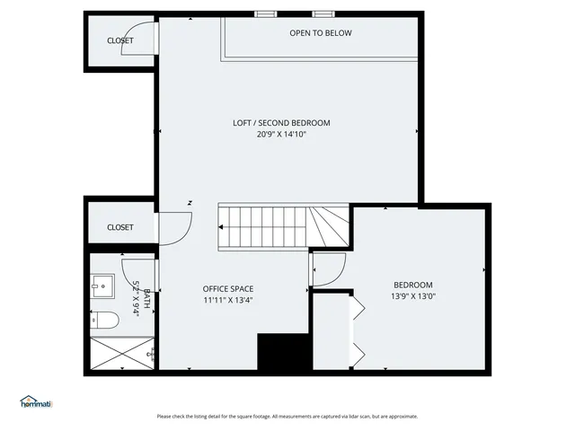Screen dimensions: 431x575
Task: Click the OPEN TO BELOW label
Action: pyautogui.click(x=320, y=33)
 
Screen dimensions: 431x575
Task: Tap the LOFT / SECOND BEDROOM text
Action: pyautogui.click(x=281, y=123)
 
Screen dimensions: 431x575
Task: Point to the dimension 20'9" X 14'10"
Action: pyautogui.click(x=281, y=135)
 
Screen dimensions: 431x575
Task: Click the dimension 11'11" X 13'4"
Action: pyautogui.click(x=227, y=301)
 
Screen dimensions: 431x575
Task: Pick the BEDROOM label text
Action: pyautogui.click(x=413, y=285)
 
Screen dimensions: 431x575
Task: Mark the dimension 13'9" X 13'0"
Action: pyautogui.click(x=413, y=296)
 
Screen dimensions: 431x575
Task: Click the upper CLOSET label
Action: pyautogui.click(x=120, y=40)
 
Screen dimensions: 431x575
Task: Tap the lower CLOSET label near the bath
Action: pyautogui.click(x=119, y=227)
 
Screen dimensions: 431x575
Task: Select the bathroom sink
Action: pyautogui.click(x=102, y=286)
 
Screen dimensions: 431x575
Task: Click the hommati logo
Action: pyautogui.click(x=36, y=401)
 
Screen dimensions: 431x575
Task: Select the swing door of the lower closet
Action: pyautogui.click(x=174, y=226)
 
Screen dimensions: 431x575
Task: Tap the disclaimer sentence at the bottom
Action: pyautogui.click(x=287, y=416)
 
